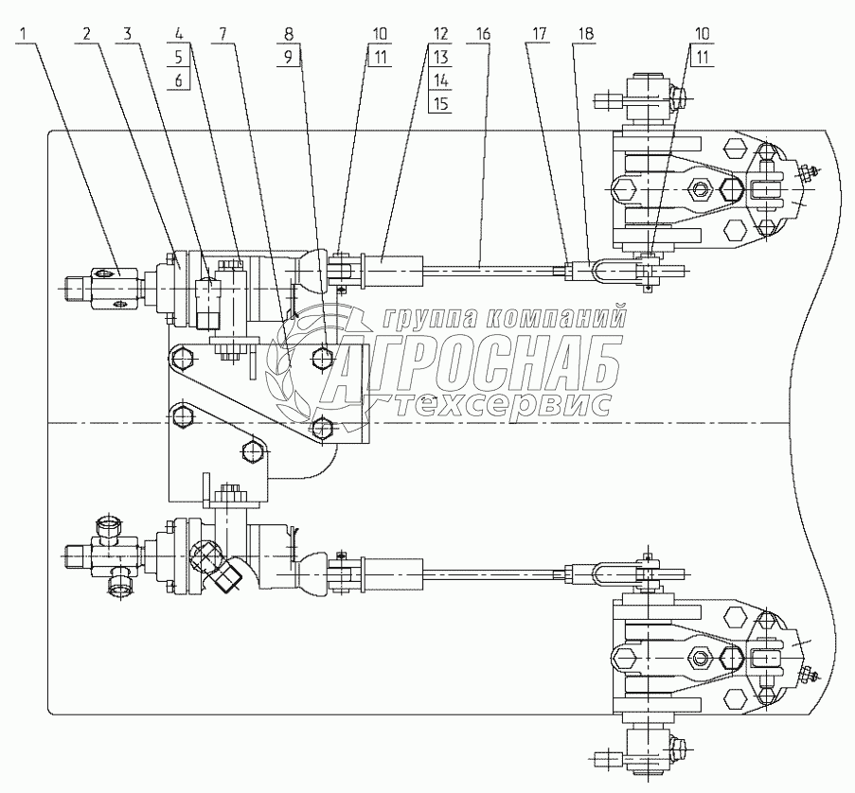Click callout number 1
[27, 33]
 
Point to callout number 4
[178, 33]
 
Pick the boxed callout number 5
[178, 57]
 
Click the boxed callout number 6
[178, 80]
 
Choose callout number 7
[223, 33]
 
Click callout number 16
[483, 33]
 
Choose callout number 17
[539, 33]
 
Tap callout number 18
[584, 33]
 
